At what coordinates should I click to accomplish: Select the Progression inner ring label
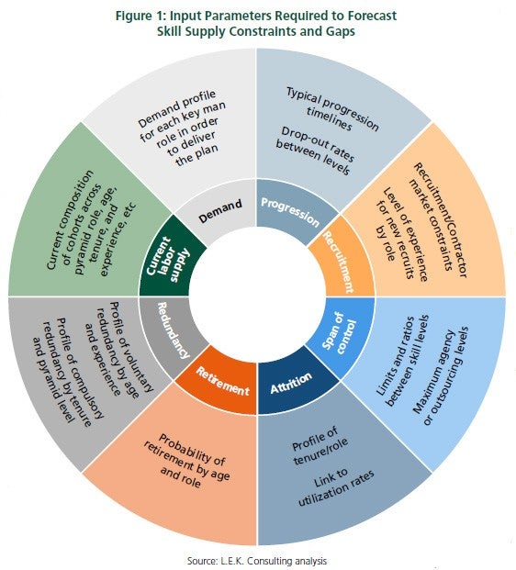[290, 212]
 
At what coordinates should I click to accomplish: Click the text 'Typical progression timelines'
[331, 109]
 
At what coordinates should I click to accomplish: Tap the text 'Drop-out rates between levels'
[315, 151]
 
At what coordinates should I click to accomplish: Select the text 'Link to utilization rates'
[335, 487]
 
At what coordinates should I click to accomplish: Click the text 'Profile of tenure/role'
[320, 446]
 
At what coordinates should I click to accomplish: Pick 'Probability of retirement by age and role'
[186, 460]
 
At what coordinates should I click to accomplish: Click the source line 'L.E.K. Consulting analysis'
[274, 561]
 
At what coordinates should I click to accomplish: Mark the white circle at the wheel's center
[257, 296]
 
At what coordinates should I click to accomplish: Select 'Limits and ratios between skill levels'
[402, 361]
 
